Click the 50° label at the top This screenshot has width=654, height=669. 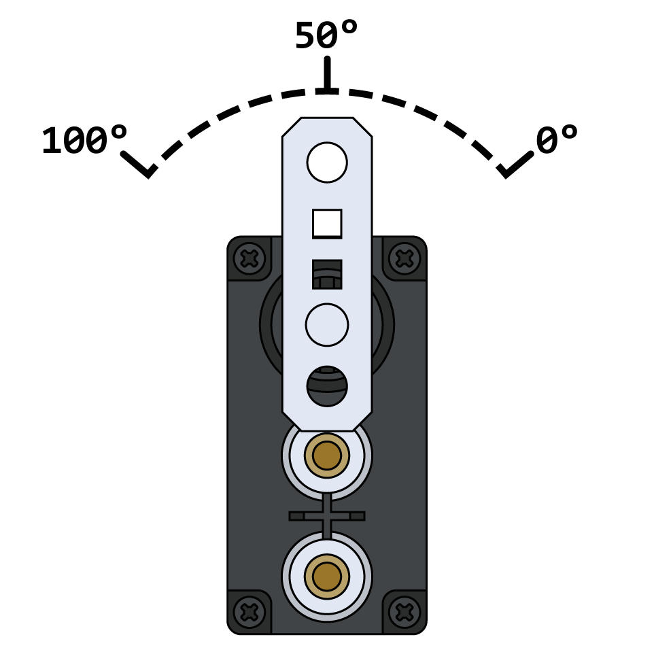pyautogui.click(x=326, y=35)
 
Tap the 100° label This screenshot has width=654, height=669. pyautogui.click(x=84, y=141)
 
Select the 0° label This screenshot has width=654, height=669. pyautogui.click(x=557, y=141)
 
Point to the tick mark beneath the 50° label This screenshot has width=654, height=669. pyautogui.click(x=327, y=75)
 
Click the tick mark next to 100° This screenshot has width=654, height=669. pyautogui.click(x=139, y=165)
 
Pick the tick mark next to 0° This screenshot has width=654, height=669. pyautogui.click(x=515, y=165)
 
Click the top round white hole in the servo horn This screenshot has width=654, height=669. pyautogui.click(x=327, y=162)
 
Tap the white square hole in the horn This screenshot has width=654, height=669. pyautogui.click(x=327, y=224)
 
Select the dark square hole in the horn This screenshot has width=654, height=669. pyautogui.click(x=327, y=274)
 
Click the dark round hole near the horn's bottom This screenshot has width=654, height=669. pyautogui.click(x=327, y=386)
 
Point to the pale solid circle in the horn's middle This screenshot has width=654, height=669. pyautogui.click(x=327, y=325)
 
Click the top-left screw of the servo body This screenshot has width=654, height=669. pyautogui.click(x=249, y=258)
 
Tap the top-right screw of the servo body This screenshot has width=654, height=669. pyautogui.click(x=405, y=258)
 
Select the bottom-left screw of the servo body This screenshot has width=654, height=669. pyautogui.click(x=249, y=612)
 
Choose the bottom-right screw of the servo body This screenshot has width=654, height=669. pyautogui.click(x=405, y=612)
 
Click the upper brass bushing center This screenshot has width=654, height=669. pyautogui.click(x=327, y=456)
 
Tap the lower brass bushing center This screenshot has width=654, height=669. pyautogui.click(x=327, y=577)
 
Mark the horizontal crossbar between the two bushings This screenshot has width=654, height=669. pyautogui.click(x=327, y=516)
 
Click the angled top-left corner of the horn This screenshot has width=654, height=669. pyautogui.click(x=292, y=127)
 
